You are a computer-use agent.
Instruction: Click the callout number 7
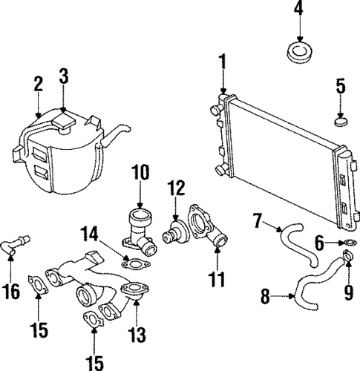(258, 220)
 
